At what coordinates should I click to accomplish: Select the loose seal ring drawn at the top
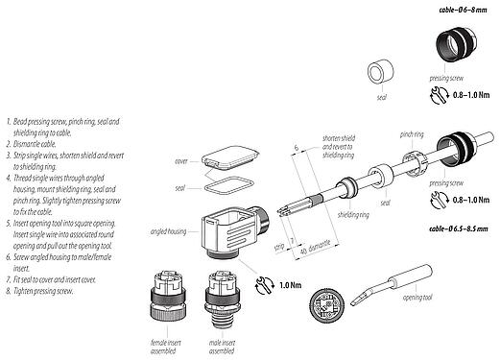coord(383,75)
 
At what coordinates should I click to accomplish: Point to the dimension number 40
coord(303,249)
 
